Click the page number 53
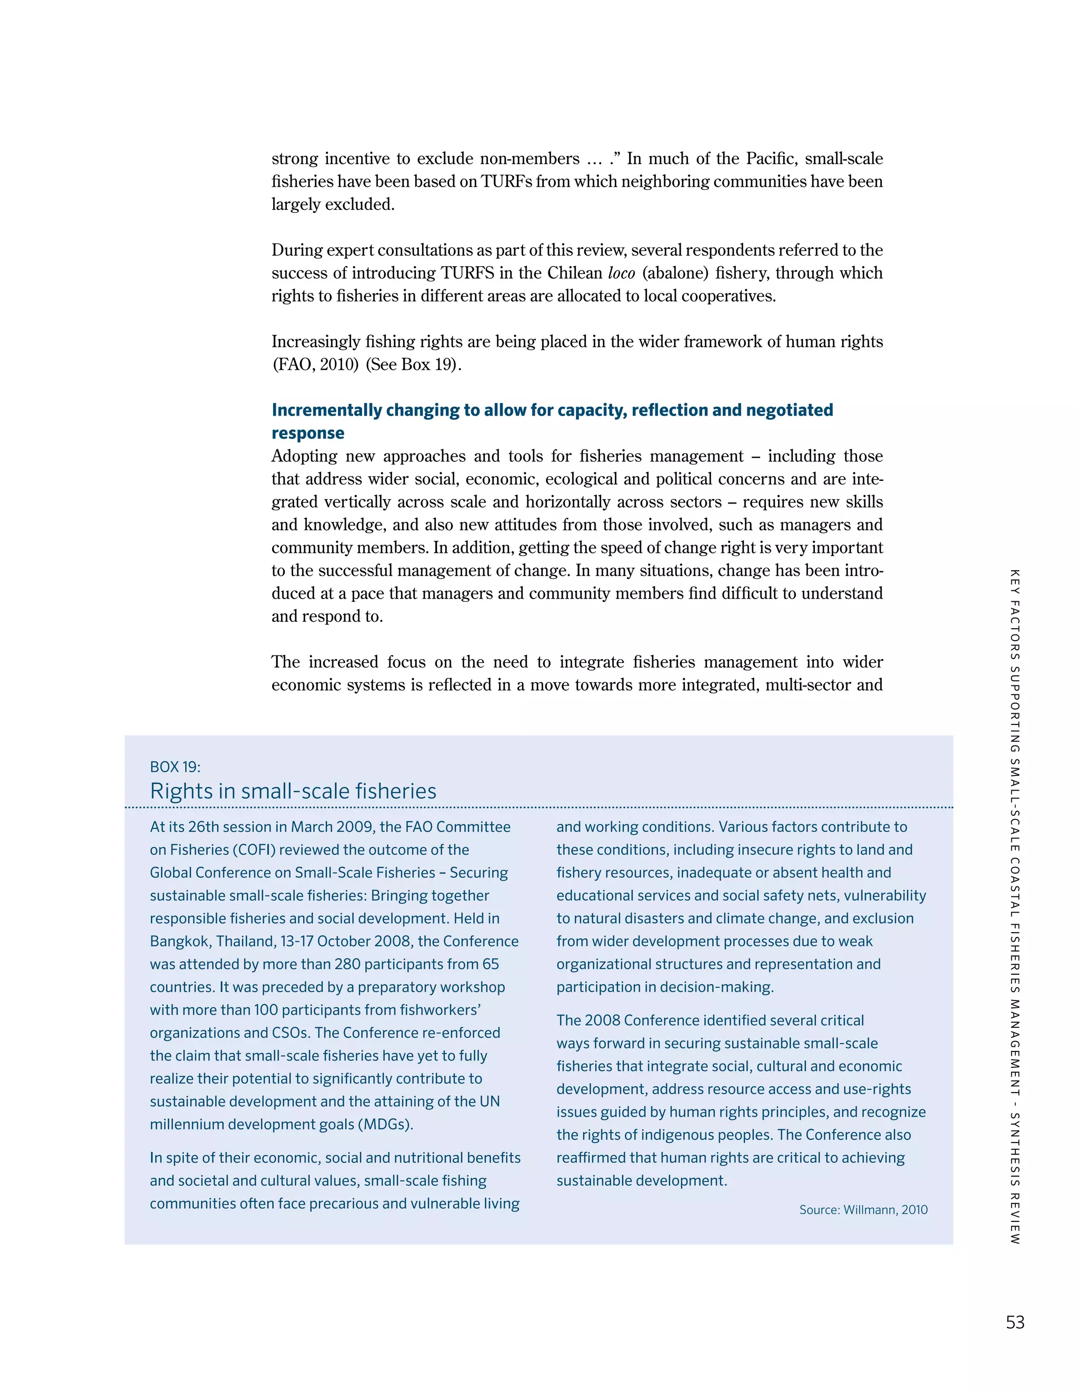click(x=1015, y=1322)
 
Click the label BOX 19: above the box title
click(x=175, y=766)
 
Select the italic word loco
click(x=621, y=273)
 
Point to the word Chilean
click(x=574, y=273)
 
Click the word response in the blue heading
click(x=307, y=433)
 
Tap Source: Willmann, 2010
click(x=863, y=1209)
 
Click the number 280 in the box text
click(x=347, y=964)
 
